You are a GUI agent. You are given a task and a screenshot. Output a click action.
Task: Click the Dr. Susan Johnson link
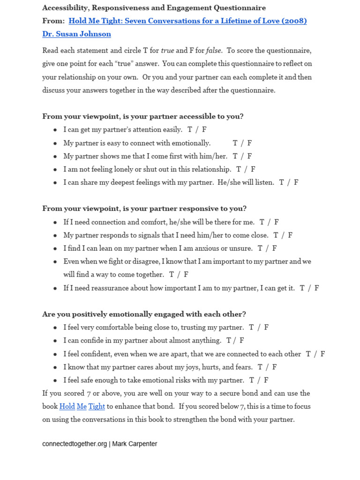76,34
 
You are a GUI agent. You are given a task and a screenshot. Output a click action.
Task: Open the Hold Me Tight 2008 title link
187,21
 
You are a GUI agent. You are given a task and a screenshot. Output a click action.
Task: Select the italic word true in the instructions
167,51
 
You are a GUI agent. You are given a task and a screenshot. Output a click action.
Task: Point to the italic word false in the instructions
214,51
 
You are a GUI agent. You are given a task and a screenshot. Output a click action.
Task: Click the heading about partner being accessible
143,116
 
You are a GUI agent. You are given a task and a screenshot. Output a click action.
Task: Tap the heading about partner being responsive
144,209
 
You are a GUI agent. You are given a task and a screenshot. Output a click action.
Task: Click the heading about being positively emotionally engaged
144,314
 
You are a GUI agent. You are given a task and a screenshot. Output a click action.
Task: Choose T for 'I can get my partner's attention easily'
190,130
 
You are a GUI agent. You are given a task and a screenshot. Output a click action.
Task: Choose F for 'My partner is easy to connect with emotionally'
250,143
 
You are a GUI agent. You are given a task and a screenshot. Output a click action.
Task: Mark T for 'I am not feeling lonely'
239,169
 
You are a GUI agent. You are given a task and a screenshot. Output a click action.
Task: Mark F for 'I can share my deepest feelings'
296,182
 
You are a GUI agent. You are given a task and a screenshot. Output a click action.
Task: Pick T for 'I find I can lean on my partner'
260,248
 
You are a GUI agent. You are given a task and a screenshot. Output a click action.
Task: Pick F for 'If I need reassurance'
317,288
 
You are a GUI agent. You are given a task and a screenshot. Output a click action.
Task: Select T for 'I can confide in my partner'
229,341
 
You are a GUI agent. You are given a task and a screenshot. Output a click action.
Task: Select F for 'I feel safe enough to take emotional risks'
266,380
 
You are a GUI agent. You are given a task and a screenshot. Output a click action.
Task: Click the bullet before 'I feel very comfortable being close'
55,328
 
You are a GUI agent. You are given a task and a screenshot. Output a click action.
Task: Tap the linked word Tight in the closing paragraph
97,406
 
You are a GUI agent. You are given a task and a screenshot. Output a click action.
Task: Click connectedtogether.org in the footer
75,444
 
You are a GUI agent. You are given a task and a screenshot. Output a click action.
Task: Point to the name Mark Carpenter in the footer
135,444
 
